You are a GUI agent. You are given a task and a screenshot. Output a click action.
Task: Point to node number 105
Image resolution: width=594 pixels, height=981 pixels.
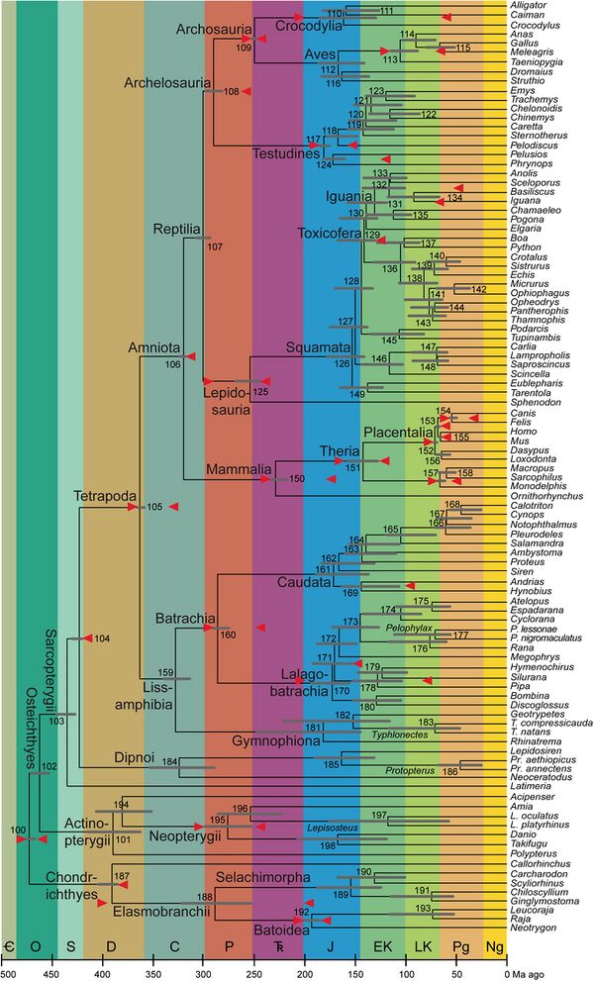click(x=153, y=508)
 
